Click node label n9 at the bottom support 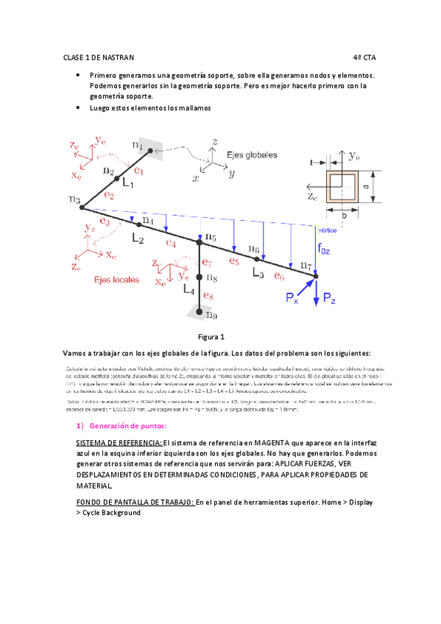pyautogui.click(x=211, y=316)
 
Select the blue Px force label pyautogui.click(x=293, y=297)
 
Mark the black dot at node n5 pyautogui.click(x=200, y=241)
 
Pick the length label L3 pyautogui.click(x=258, y=273)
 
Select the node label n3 pyautogui.click(x=74, y=200)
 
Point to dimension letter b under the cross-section pyautogui.click(x=343, y=217)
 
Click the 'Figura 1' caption pyautogui.click(x=212, y=337)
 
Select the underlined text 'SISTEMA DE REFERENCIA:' pyautogui.click(x=119, y=443)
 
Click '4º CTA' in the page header pyautogui.click(x=364, y=57)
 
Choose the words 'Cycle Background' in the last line pyautogui.click(x=111, y=512)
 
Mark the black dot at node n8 pyautogui.click(x=200, y=277)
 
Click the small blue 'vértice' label pyautogui.click(x=325, y=228)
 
